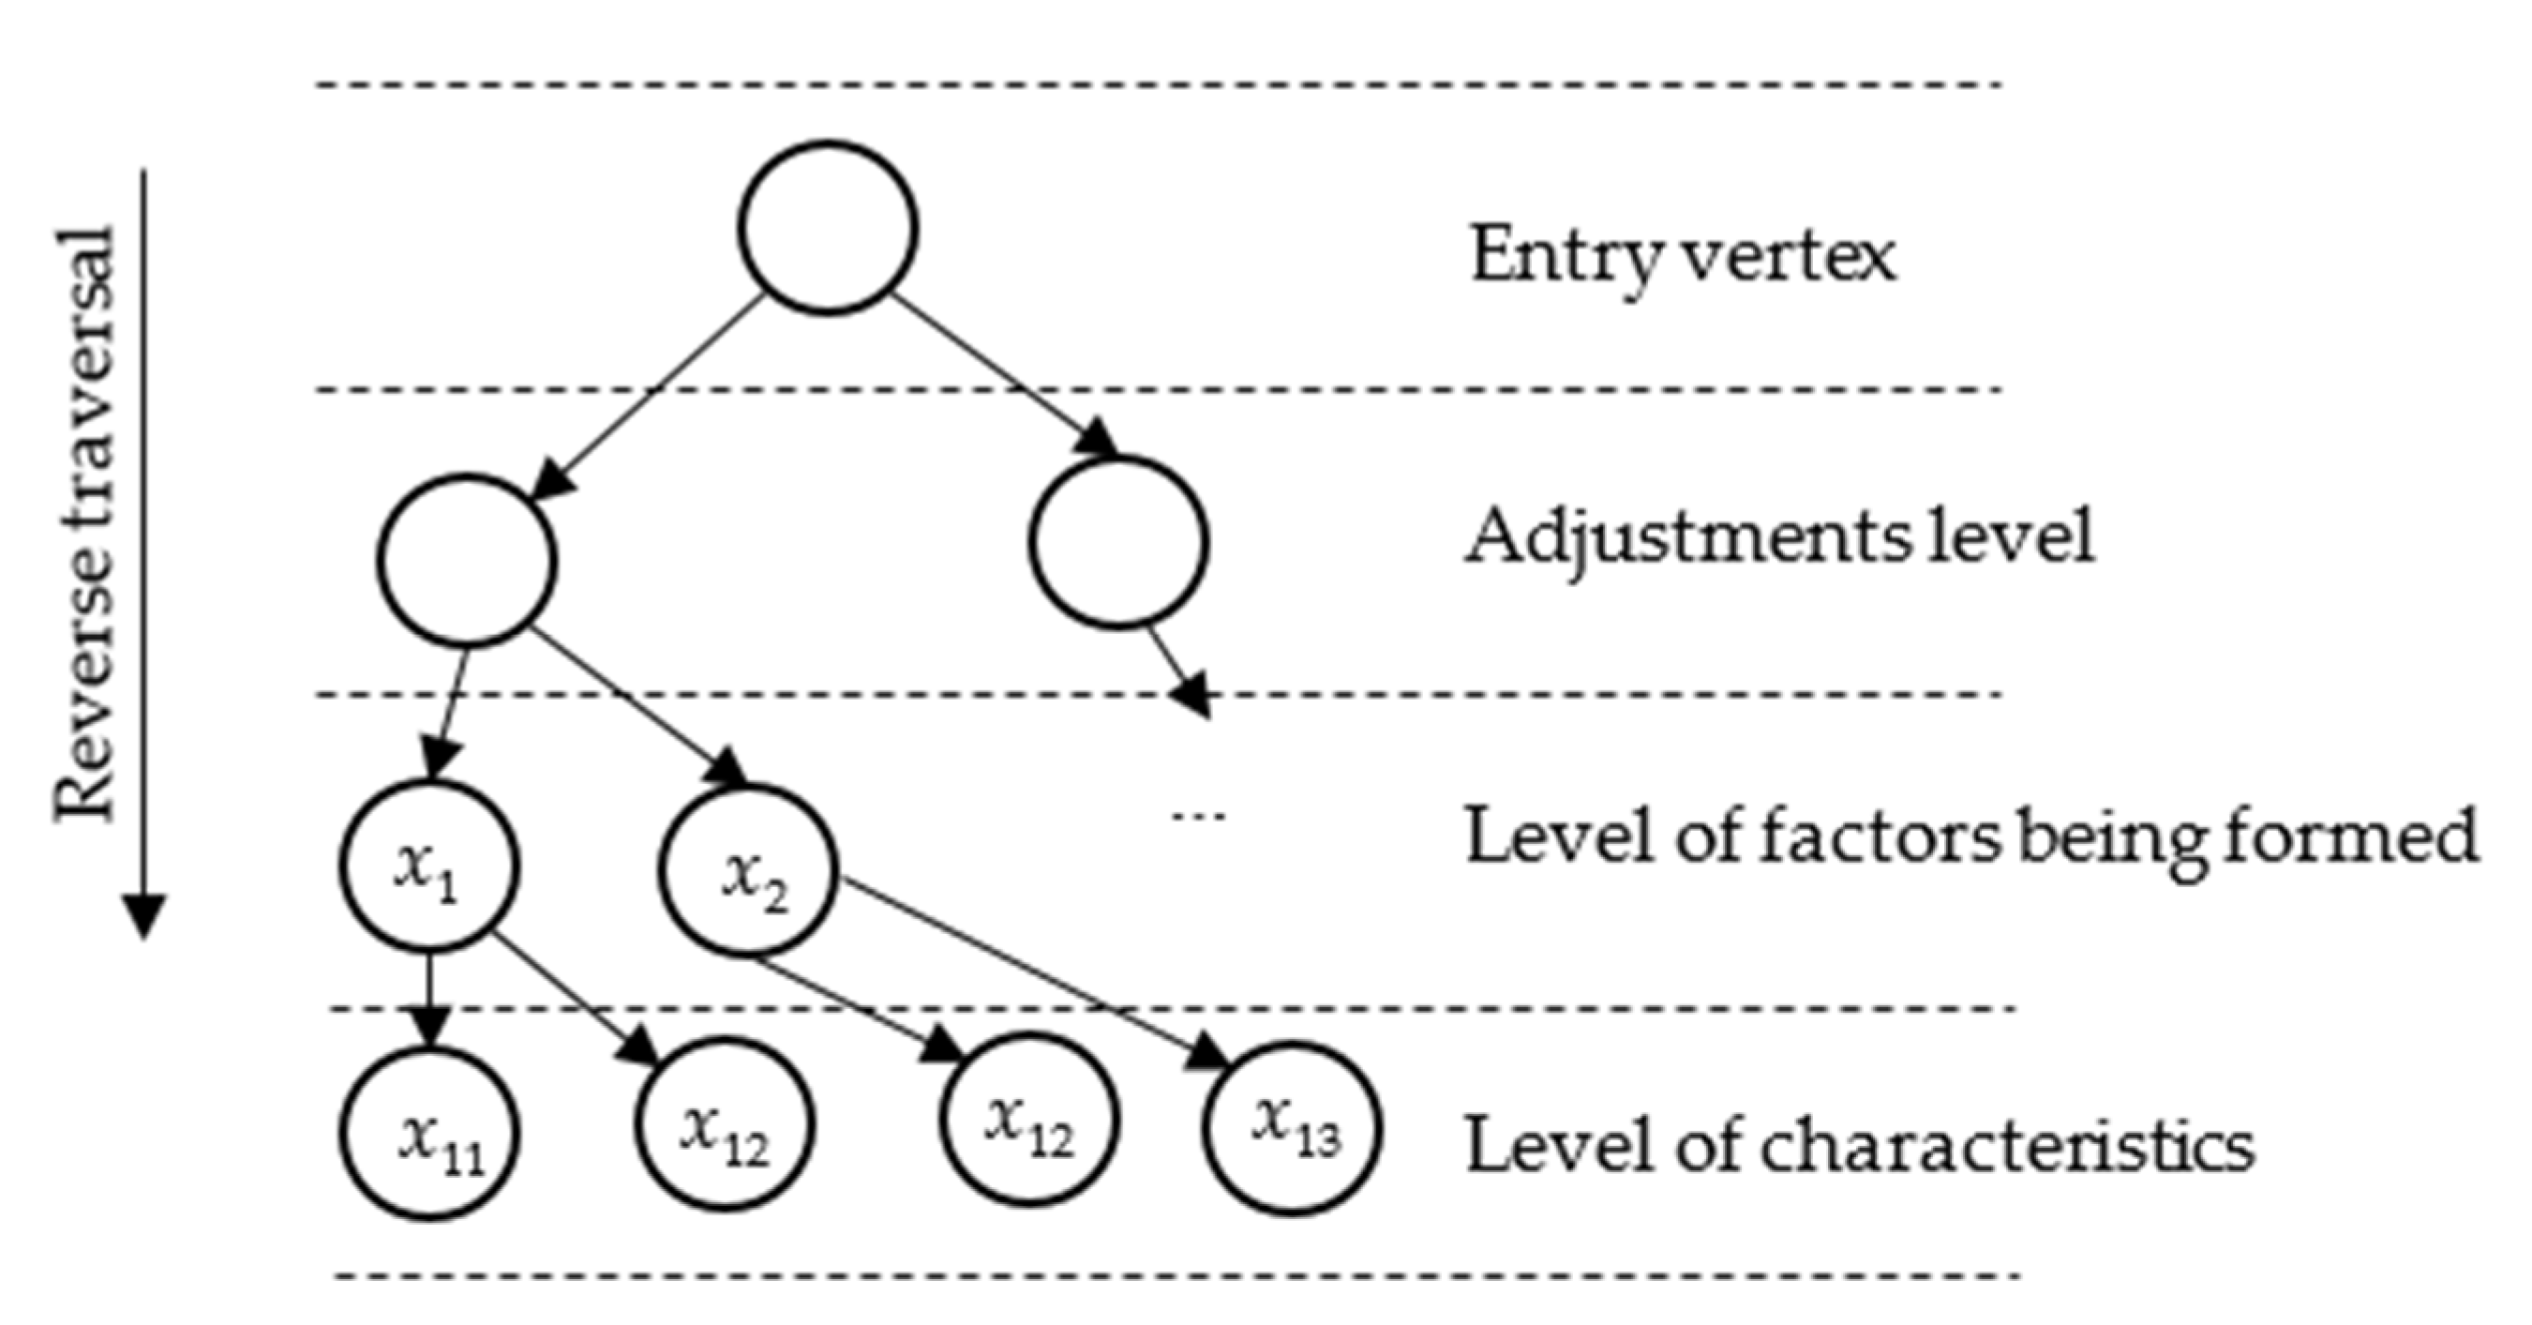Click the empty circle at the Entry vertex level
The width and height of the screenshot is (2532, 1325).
click(828, 228)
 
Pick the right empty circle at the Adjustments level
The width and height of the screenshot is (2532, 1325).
click(1118, 543)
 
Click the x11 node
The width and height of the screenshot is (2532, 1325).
click(429, 1135)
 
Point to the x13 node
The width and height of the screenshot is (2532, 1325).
click(1292, 1129)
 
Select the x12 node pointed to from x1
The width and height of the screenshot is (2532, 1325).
click(725, 1124)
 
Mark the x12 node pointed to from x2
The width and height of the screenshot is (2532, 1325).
click(1028, 1121)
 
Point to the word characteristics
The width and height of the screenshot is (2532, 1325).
click(2005, 1145)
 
